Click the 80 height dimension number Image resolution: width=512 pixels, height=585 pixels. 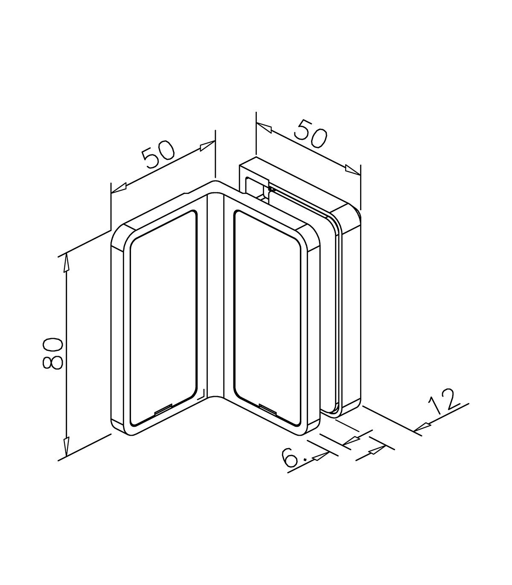53,353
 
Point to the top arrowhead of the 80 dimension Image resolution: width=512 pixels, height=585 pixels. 66,264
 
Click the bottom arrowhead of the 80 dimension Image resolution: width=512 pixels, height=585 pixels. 66,446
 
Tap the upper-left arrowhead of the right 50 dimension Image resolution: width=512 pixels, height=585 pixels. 265,127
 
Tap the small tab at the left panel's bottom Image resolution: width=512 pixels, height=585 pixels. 163,410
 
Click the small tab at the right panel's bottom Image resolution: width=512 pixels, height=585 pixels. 267,408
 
